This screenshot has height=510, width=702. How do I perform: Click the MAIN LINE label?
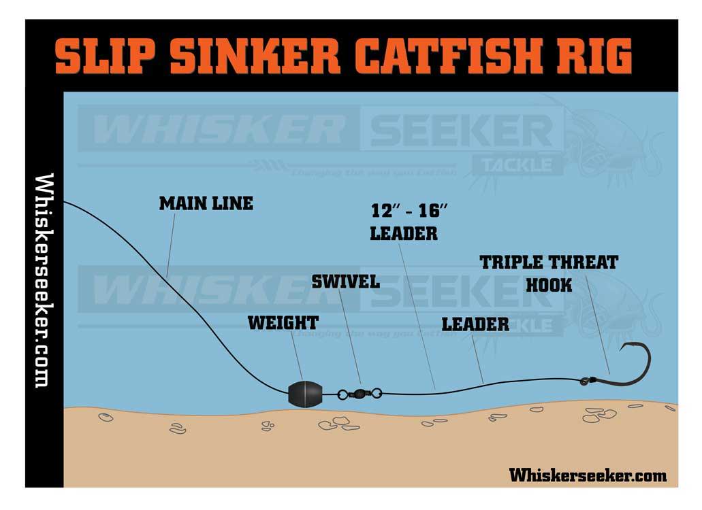point(206,203)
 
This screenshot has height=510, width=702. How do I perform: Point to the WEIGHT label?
point(283,322)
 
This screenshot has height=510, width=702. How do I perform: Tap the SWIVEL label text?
point(345,282)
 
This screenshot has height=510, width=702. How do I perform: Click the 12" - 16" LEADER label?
point(404,222)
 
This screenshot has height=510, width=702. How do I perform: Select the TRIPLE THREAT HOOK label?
point(549,273)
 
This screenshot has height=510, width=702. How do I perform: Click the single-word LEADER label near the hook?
point(475,324)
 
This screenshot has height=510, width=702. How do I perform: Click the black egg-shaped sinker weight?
point(303,394)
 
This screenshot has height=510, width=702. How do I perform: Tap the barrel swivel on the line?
point(359,393)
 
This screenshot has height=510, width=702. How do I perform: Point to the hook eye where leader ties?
point(585,381)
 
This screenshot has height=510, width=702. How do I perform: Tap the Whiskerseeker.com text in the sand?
point(588,475)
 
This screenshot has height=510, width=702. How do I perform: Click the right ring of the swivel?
point(377,392)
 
